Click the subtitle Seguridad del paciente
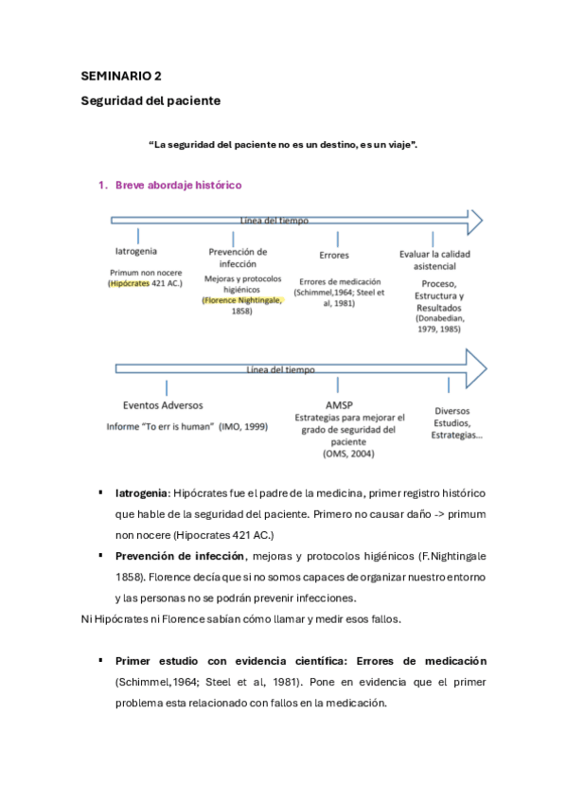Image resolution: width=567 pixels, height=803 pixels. pyautogui.click(x=149, y=100)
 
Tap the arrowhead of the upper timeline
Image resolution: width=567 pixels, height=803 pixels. pyautogui.click(x=472, y=222)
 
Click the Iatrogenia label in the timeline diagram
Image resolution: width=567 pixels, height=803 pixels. pyautogui.click(x=136, y=252)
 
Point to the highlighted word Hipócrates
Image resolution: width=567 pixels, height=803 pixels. pyautogui.click(x=129, y=282)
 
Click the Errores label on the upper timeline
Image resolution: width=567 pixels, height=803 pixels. pyautogui.click(x=334, y=255)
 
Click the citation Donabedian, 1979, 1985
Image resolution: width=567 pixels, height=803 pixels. pyautogui.click(x=439, y=325)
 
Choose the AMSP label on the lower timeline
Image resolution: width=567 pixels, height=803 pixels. pyautogui.click(x=338, y=404)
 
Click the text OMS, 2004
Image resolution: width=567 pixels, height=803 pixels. pyautogui.click(x=348, y=454)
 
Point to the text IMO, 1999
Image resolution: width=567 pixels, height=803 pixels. pyautogui.click(x=243, y=426)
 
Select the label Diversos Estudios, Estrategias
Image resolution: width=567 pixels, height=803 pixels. pyautogui.click(x=457, y=423)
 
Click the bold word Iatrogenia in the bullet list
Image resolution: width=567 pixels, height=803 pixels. pyautogui.click(x=142, y=494)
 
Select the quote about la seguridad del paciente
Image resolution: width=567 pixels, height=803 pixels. pyautogui.click(x=284, y=144)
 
